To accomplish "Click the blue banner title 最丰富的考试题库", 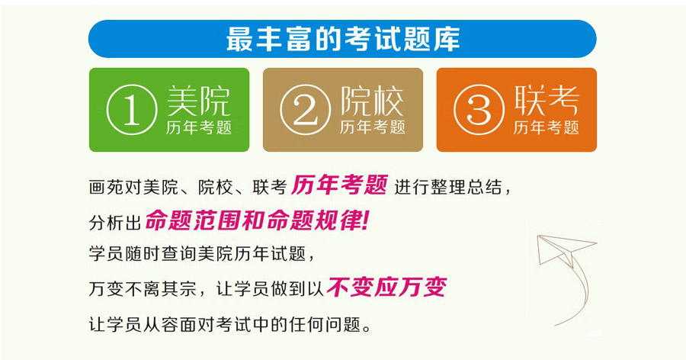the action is [343, 39].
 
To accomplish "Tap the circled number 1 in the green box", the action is [132, 110].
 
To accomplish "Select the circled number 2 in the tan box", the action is [306, 110].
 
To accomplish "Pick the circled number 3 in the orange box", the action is [479, 110].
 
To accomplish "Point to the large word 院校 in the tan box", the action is [372, 101].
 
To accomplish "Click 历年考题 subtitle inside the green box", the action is [199, 127].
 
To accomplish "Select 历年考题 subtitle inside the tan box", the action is [372, 127].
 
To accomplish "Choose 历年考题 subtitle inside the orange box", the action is [547, 127].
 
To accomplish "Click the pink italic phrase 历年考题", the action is [339, 185].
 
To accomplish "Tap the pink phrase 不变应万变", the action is [386, 288].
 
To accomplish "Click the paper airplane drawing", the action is [564, 249].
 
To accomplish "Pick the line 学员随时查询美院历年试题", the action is [197, 253].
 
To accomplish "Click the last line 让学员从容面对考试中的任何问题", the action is [229, 324].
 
